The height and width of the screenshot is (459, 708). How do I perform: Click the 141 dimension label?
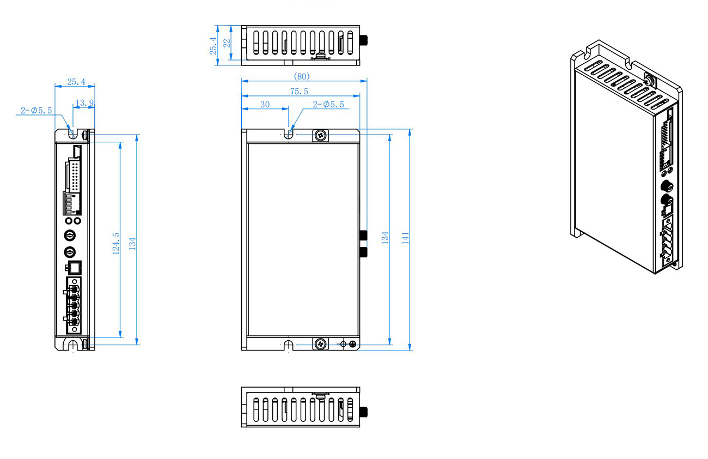coord(405,238)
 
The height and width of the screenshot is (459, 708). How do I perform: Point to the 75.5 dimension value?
coord(299,92)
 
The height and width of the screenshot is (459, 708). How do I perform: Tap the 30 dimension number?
coord(265,104)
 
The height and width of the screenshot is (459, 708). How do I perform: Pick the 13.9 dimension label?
coord(84,103)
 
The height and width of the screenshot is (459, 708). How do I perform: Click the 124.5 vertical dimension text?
coord(115,244)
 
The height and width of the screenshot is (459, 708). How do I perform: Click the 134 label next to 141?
coord(385,238)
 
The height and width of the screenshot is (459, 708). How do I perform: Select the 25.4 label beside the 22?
coord(213,46)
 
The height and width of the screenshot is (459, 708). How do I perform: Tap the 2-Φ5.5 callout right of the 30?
coord(328,104)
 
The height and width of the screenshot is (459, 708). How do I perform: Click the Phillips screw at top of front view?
coord(321,135)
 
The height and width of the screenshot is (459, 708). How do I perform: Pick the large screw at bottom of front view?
coord(321,343)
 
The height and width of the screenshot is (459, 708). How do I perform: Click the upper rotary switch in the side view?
coord(70,234)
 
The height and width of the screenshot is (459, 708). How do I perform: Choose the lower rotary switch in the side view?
coord(70,252)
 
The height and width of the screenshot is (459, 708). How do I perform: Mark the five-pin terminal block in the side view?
coord(73,305)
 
